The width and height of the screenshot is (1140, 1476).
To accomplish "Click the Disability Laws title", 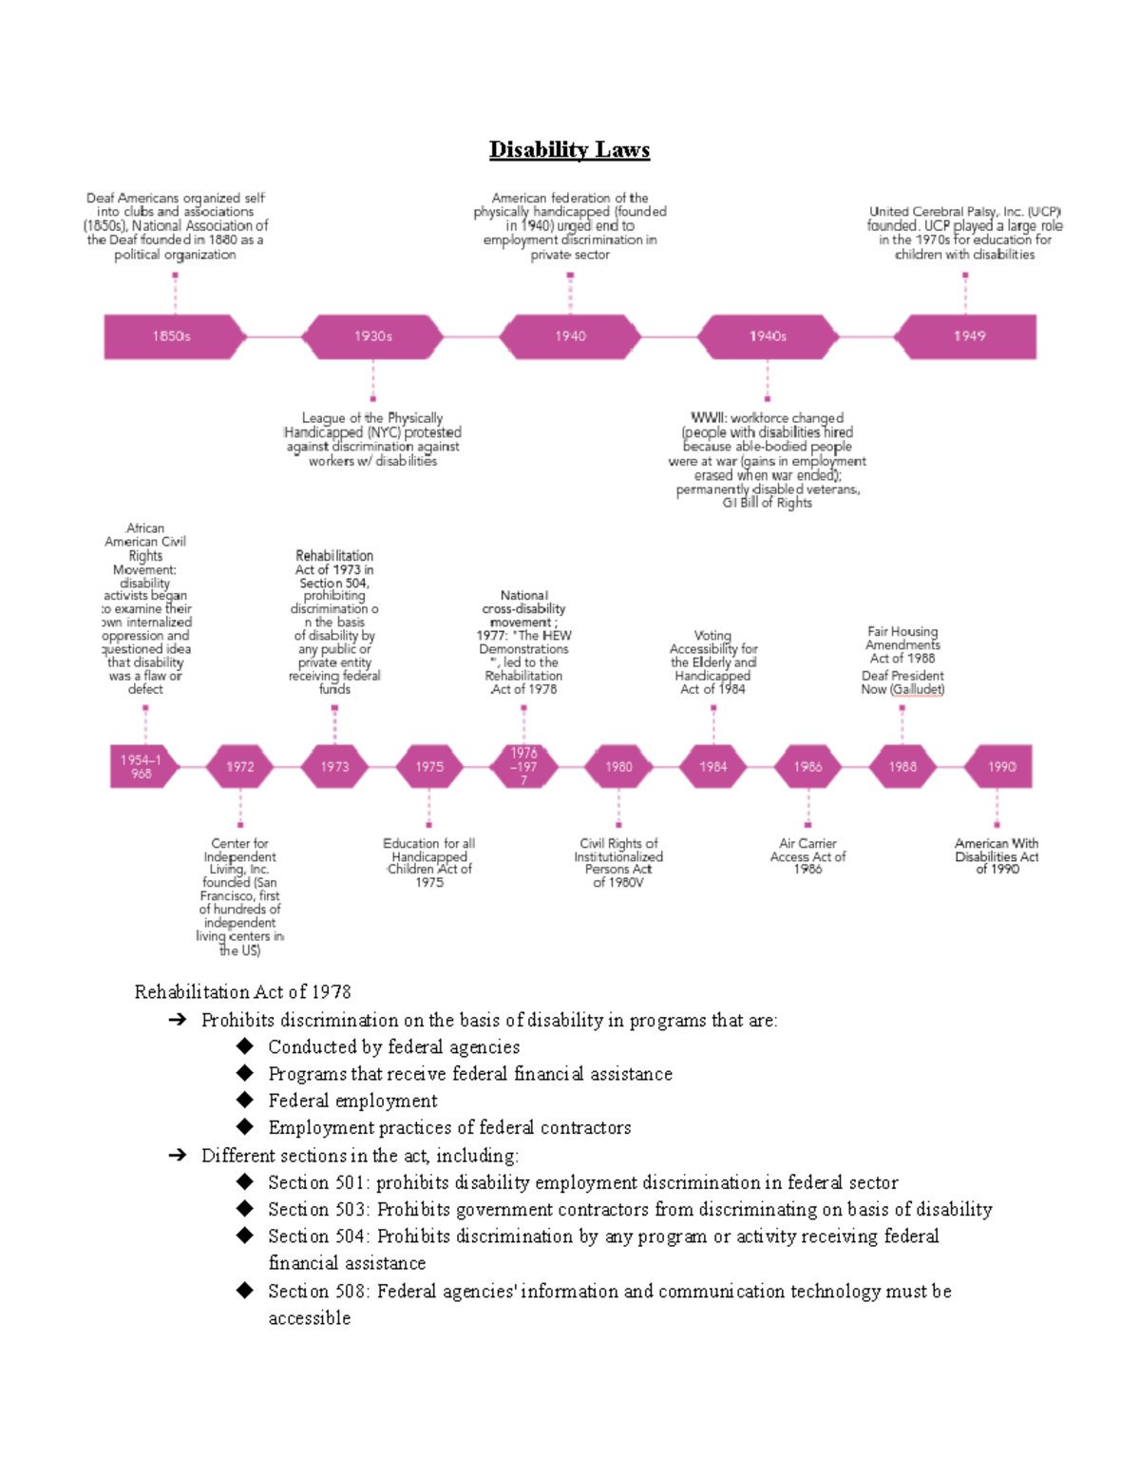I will coord(569,150).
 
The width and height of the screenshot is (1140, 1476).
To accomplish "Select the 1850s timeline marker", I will coord(171,336).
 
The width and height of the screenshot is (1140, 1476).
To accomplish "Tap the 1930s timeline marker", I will coord(372,336).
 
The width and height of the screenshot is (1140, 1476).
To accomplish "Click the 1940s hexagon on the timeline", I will coord(768,336).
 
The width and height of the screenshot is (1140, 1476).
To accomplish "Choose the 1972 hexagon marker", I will coord(239,767).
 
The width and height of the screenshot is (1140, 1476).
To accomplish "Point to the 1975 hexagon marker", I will coord(429,767).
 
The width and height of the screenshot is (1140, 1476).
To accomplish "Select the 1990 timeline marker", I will coord(999,767).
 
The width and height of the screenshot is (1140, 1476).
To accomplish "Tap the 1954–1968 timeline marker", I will coord(142,767).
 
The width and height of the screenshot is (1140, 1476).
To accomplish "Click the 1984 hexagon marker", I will coord(713,767).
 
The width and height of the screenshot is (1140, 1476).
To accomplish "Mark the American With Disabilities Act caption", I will coord(997,856).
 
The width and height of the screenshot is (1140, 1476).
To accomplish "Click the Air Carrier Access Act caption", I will coord(807,856).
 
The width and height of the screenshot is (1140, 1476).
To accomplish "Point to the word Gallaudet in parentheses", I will coord(918,690).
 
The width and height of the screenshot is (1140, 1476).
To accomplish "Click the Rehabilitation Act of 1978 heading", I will coord(242,992).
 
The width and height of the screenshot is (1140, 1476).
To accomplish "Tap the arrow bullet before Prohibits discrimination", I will coord(177,1021).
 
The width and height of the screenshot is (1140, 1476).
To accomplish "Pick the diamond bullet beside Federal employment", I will coord(245,1101).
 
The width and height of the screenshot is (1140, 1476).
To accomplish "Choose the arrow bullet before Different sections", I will coord(177,1156).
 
